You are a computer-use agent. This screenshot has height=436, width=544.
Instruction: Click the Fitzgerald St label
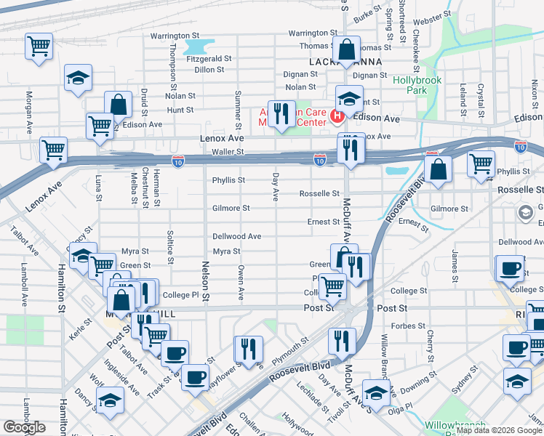click(209, 59)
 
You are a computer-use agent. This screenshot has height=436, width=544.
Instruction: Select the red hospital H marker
click(337, 116)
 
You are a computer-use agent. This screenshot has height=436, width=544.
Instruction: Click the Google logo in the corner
click(24, 427)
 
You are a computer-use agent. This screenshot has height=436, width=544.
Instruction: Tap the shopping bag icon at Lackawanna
click(348, 50)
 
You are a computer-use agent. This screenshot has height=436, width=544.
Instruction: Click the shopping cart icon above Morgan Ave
click(39, 46)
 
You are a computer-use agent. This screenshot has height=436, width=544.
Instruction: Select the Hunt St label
click(180, 110)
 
